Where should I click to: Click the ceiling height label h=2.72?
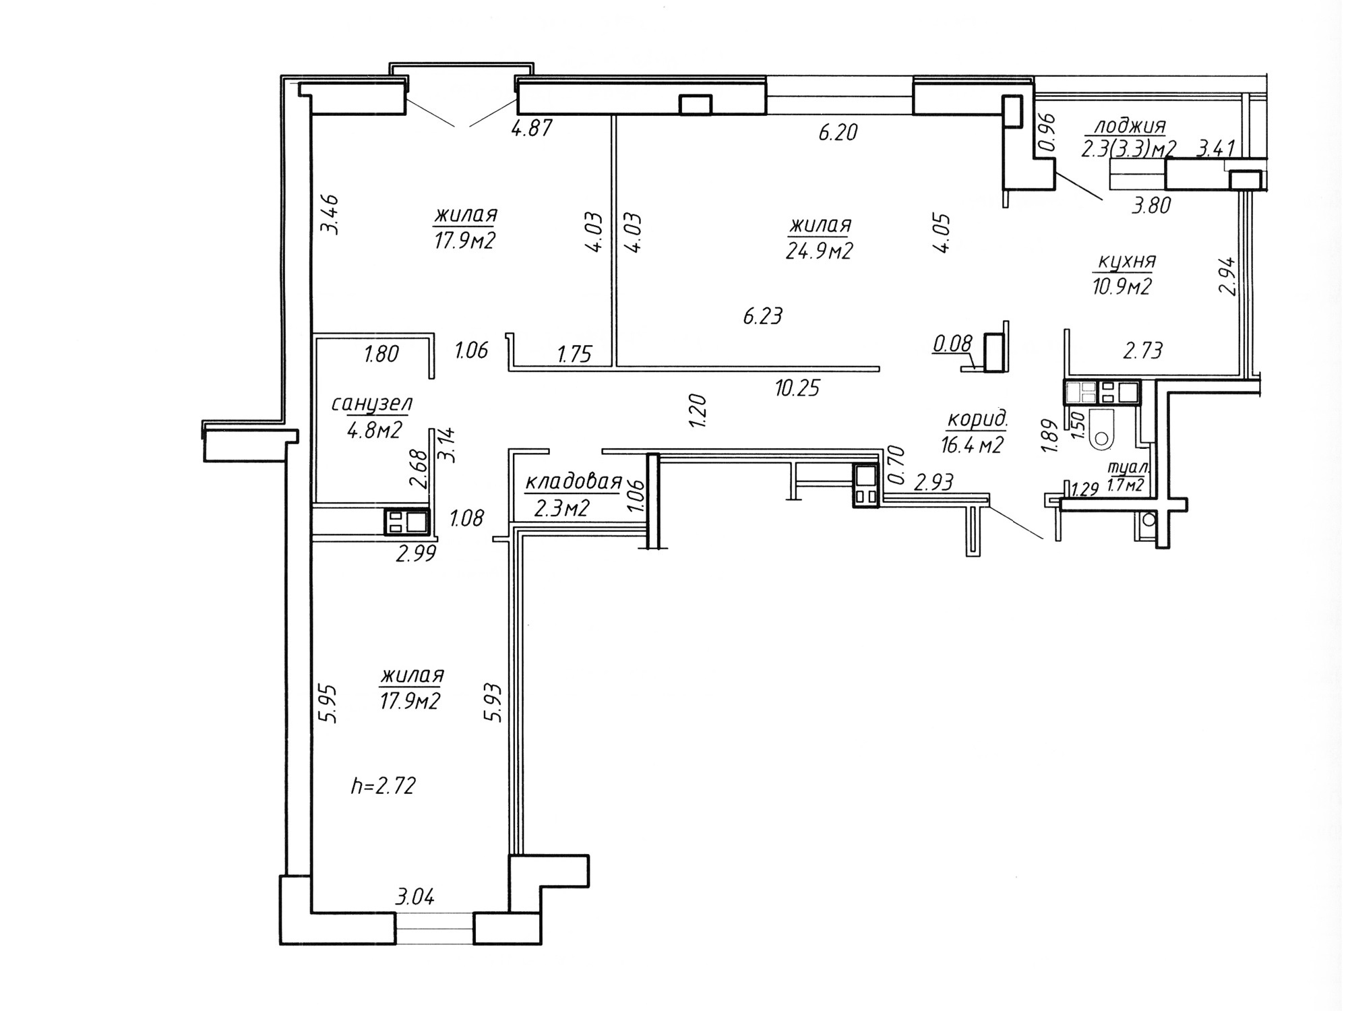coord(384,785)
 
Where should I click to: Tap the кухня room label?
coord(1127,262)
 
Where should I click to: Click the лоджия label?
coord(1130,126)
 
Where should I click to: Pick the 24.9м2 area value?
coord(820,251)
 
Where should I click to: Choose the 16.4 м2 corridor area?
coord(973,444)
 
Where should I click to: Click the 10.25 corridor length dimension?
coord(797,388)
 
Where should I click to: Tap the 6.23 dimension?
coord(763,315)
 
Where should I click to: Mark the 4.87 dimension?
coord(532,128)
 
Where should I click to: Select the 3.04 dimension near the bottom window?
coord(415,897)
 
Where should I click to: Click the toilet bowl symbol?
coord(1101,429)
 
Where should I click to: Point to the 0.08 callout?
coord(952,344)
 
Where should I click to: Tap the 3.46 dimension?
coord(330,214)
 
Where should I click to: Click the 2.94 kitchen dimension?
coord(1228,276)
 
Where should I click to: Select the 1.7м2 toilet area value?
coord(1126,484)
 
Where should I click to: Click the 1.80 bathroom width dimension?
coord(381,353)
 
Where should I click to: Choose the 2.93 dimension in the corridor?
coord(933,482)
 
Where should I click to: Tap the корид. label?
coord(977,419)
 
